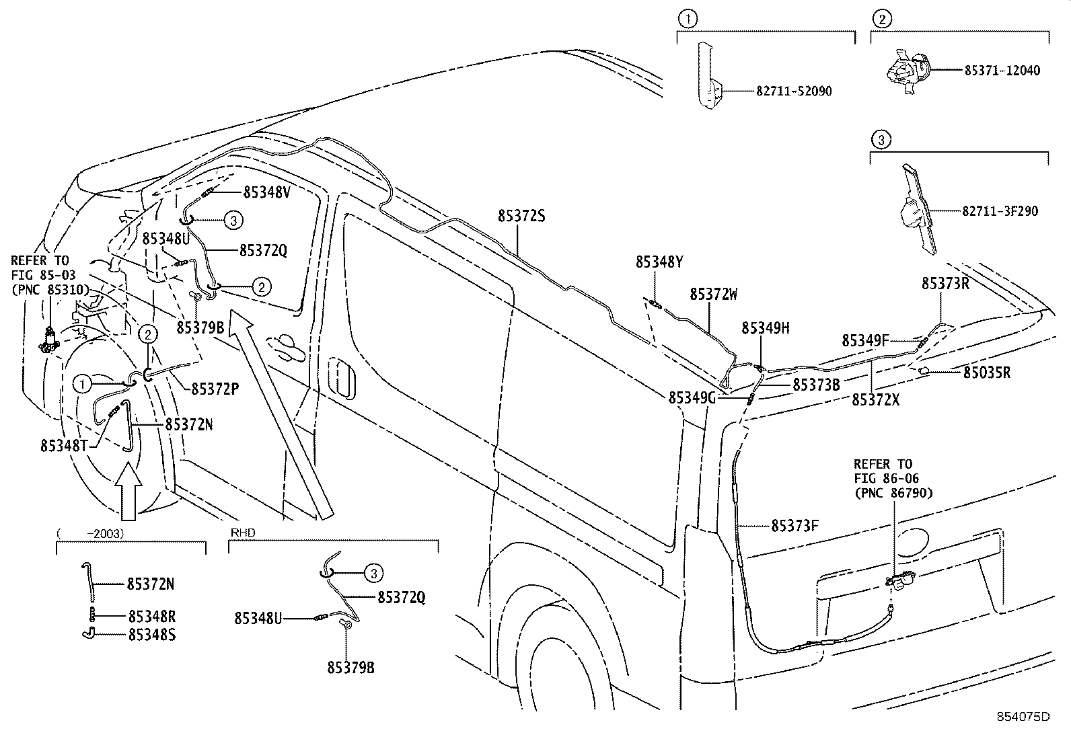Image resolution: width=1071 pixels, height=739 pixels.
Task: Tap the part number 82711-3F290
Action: (x=999, y=211)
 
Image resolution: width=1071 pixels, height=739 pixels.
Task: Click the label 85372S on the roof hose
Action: (x=521, y=216)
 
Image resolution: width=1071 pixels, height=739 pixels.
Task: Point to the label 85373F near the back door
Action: (x=795, y=525)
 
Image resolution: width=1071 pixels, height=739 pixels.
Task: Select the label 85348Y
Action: (x=659, y=262)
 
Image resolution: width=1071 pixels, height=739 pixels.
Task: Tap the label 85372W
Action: (x=713, y=295)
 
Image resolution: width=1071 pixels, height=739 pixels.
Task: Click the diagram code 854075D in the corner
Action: (x=1023, y=716)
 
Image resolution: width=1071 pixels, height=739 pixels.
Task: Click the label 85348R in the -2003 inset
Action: (x=151, y=616)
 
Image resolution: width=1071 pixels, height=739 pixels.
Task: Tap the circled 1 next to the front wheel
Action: (x=82, y=384)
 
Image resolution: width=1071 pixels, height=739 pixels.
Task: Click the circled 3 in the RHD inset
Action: (x=373, y=573)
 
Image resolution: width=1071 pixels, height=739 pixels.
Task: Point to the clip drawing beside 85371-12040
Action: (x=906, y=69)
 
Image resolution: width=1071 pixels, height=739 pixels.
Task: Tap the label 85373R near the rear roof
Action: (x=945, y=283)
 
